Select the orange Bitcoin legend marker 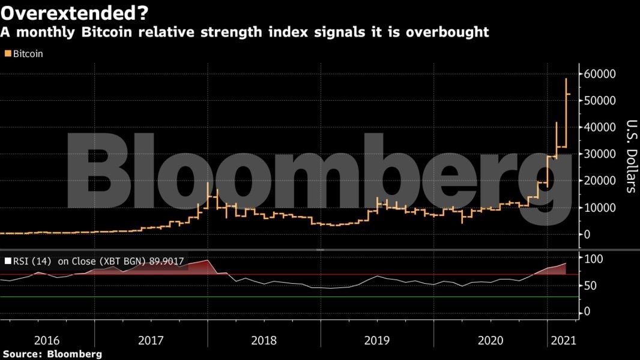pyautogui.click(x=8, y=53)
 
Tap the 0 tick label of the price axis pyautogui.click(x=588, y=234)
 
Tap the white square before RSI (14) pyautogui.click(x=8, y=261)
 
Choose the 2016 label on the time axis pyautogui.click(x=47, y=340)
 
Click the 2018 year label pyautogui.click(x=264, y=340)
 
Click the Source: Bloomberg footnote pyautogui.click(x=51, y=354)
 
